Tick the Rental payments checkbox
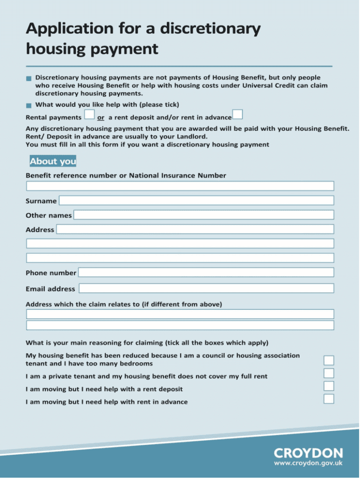point(89,115)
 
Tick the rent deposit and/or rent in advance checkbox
point(237,115)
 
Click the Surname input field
point(196,201)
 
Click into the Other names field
point(204,215)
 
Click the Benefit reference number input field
point(180,186)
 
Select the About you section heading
point(53,162)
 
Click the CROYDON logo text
point(308,453)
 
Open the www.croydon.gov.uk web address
point(308,464)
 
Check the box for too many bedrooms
point(329,360)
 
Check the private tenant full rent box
point(329,373)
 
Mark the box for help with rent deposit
point(329,386)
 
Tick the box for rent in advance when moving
point(329,399)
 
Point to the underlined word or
point(101,117)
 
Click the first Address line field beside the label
point(195,229)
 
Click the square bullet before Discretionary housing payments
point(29,78)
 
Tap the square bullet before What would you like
point(29,105)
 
